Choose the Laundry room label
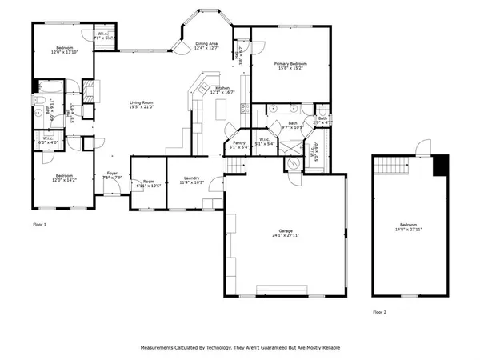point(191,179)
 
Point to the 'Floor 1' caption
point(39,225)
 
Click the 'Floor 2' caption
point(381,312)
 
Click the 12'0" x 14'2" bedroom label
point(65,177)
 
